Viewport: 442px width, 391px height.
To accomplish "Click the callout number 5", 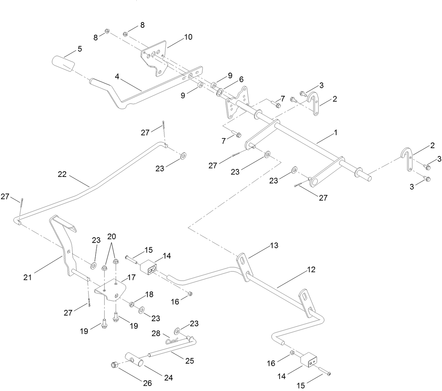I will (80, 49).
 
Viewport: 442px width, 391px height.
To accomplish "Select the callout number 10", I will (188, 37).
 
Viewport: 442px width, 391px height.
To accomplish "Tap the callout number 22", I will (62, 174).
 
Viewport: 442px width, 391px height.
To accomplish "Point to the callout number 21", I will (28, 277).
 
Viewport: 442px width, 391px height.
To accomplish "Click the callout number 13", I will (274, 245).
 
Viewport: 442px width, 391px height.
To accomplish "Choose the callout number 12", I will (311, 270).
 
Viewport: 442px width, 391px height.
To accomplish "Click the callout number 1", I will (336, 133).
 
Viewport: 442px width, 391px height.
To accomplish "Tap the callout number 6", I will (241, 79).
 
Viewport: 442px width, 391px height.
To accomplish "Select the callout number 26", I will (148, 383).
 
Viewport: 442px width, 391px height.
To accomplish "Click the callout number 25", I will (189, 360).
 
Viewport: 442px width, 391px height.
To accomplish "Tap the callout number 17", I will (131, 277).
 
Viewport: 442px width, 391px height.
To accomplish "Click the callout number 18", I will (149, 294).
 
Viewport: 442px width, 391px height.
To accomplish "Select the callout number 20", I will (111, 236).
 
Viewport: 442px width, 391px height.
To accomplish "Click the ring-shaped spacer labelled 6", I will (219, 92).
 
